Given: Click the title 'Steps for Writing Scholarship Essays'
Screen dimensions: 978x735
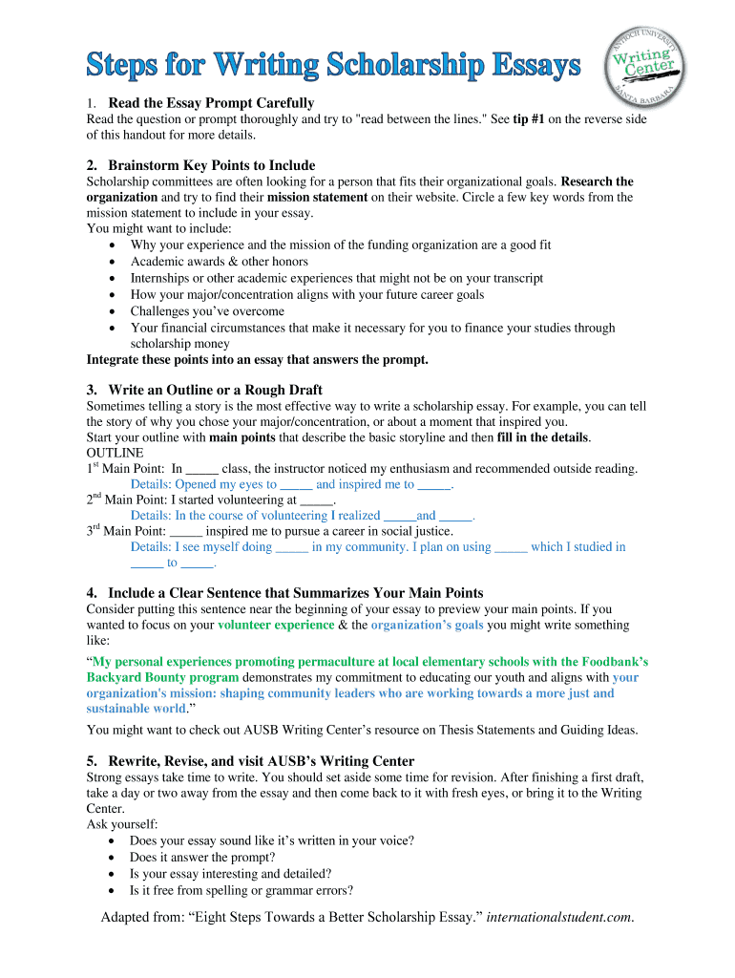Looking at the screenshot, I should click(x=334, y=67).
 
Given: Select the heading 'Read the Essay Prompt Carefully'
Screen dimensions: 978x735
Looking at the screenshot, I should click(x=211, y=102).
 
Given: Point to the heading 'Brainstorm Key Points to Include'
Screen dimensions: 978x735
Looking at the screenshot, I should click(x=211, y=165).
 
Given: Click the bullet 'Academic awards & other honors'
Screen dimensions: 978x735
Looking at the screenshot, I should click(x=219, y=262).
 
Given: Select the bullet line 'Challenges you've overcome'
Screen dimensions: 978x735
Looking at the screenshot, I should click(x=207, y=311).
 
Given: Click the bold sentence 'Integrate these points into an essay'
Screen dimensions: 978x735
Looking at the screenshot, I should click(x=258, y=360).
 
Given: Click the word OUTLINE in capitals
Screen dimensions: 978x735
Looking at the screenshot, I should click(x=115, y=452).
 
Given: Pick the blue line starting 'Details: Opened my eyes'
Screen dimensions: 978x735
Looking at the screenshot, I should click(x=291, y=484).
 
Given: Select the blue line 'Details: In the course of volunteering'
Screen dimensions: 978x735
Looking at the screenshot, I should click(x=303, y=515).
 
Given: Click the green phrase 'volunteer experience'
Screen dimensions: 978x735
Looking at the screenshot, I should click(x=276, y=625).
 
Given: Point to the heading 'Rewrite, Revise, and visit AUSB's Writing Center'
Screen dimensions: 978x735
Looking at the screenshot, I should click(x=261, y=761).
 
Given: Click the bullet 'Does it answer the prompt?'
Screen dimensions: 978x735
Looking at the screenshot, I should click(x=207, y=858).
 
